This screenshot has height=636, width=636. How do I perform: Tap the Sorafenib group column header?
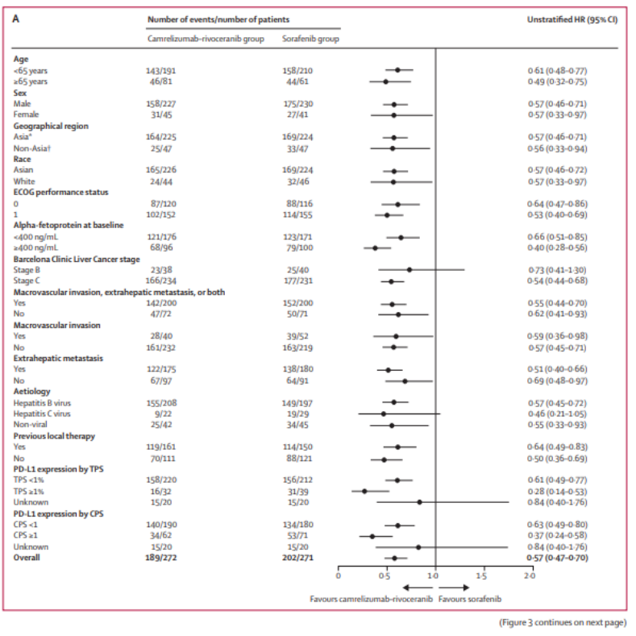pyautogui.click(x=310, y=38)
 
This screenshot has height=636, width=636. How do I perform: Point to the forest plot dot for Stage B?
pyautogui.click(x=409, y=270)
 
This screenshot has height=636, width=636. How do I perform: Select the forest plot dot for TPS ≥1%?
pyautogui.click(x=364, y=491)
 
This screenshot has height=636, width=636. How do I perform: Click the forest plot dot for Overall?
pyautogui.click(x=393, y=557)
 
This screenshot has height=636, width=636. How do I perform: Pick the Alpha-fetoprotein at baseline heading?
pyautogui.click(x=69, y=226)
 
